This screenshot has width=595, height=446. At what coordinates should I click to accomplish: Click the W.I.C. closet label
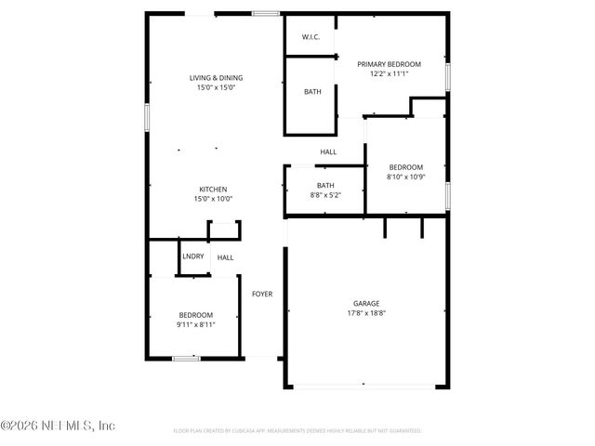pyautogui.click(x=311, y=37)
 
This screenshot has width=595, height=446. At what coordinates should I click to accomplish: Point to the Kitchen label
pyautogui.click(x=213, y=189)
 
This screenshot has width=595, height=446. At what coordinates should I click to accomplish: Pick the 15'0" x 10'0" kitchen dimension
pyautogui.click(x=213, y=198)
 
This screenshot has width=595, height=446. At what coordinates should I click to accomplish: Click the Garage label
pyautogui.click(x=365, y=303)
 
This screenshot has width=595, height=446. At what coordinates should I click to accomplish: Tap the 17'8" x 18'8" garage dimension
pyautogui.click(x=365, y=313)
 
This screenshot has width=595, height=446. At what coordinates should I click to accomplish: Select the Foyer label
pyautogui.click(x=262, y=294)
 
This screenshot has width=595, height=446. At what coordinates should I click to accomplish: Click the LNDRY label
pyautogui.click(x=193, y=256)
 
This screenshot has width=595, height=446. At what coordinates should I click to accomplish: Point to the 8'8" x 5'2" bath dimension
pyautogui.click(x=325, y=195)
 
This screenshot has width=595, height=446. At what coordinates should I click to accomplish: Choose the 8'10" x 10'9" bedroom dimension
pyautogui.click(x=405, y=177)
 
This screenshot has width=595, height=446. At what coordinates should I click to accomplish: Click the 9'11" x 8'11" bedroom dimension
pyautogui.click(x=196, y=324)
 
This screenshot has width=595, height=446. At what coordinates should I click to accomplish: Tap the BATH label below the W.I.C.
pyautogui.click(x=312, y=92)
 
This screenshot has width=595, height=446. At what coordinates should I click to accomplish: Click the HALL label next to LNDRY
pyautogui.click(x=226, y=257)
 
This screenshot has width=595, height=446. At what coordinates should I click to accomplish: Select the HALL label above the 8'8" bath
pyautogui.click(x=328, y=151)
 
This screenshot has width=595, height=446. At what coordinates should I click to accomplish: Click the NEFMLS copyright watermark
pyautogui.click(x=58, y=426)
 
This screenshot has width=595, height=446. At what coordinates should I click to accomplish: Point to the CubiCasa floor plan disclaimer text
pyautogui.click(x=297, y=431)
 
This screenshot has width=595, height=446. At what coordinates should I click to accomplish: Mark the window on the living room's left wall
pyautogui.click(x=146, y=118)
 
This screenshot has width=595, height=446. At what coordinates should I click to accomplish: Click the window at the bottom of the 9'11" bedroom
pyautogui.click(x=186, y=358)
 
